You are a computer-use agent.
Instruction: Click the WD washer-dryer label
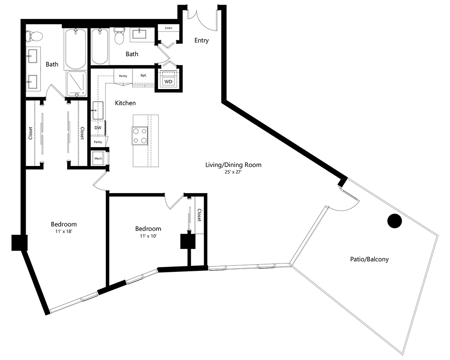click(168, 81)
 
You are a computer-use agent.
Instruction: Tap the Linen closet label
click(169, 28)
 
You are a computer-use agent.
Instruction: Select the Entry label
click(202, 40)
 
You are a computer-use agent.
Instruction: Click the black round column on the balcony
click(395, 221)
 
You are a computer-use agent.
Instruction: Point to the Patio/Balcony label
click(369, 259)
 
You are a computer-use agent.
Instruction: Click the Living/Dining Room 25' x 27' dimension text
click(233, 172)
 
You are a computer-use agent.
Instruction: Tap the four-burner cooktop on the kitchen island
click(140, 135)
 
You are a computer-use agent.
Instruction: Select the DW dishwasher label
click(98, 128)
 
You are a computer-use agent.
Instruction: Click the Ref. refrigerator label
click(144, 76)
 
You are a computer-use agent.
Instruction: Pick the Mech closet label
click(98, 158)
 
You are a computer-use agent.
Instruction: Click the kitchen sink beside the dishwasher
click(98, 110)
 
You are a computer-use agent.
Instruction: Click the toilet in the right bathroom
click(119, 35)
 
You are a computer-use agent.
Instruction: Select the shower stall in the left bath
click(76, 84)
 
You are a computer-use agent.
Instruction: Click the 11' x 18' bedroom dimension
click(64, 231)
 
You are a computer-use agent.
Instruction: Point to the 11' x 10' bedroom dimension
click(148, 236)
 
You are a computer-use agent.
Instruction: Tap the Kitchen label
click(126, 103)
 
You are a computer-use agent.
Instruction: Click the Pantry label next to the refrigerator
click(123, 76)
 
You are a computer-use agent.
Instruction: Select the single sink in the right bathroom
click(139, 35)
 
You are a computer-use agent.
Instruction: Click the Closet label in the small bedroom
click(199, 215)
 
